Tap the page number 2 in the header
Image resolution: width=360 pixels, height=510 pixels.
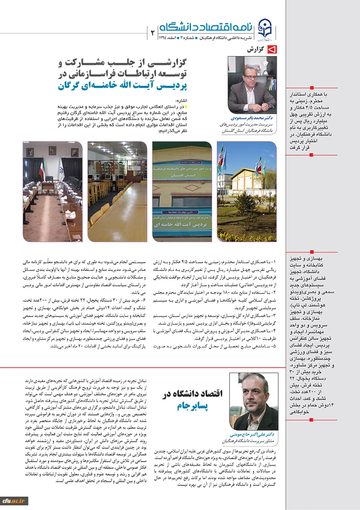[153, 32]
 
